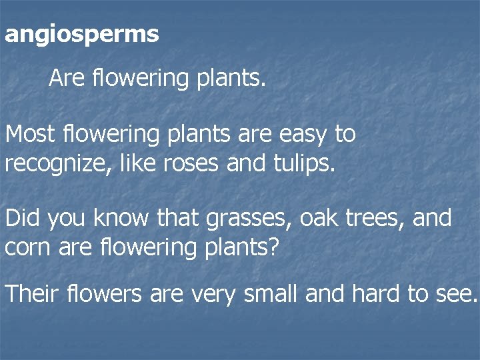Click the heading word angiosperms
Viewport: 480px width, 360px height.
click(81, 35)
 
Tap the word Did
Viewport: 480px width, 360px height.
click(23, 217)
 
